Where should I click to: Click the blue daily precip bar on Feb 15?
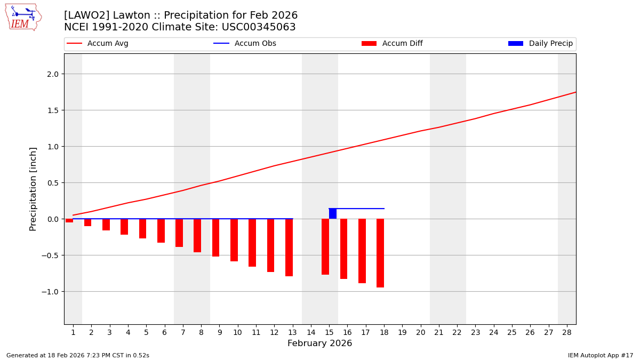333,213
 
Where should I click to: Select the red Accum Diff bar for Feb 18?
380,253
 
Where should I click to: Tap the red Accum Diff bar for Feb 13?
289,247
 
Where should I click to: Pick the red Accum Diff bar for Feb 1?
69,220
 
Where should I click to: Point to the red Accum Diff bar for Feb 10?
234,240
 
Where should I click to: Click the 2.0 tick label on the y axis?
52,74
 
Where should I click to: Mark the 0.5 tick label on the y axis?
52,182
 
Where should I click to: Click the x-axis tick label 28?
567,332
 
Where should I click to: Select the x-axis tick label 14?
311,332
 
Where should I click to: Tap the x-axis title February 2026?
319,343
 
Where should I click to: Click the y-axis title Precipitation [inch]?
33,189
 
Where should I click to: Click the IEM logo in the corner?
23,17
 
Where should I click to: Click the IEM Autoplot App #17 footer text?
600,355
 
